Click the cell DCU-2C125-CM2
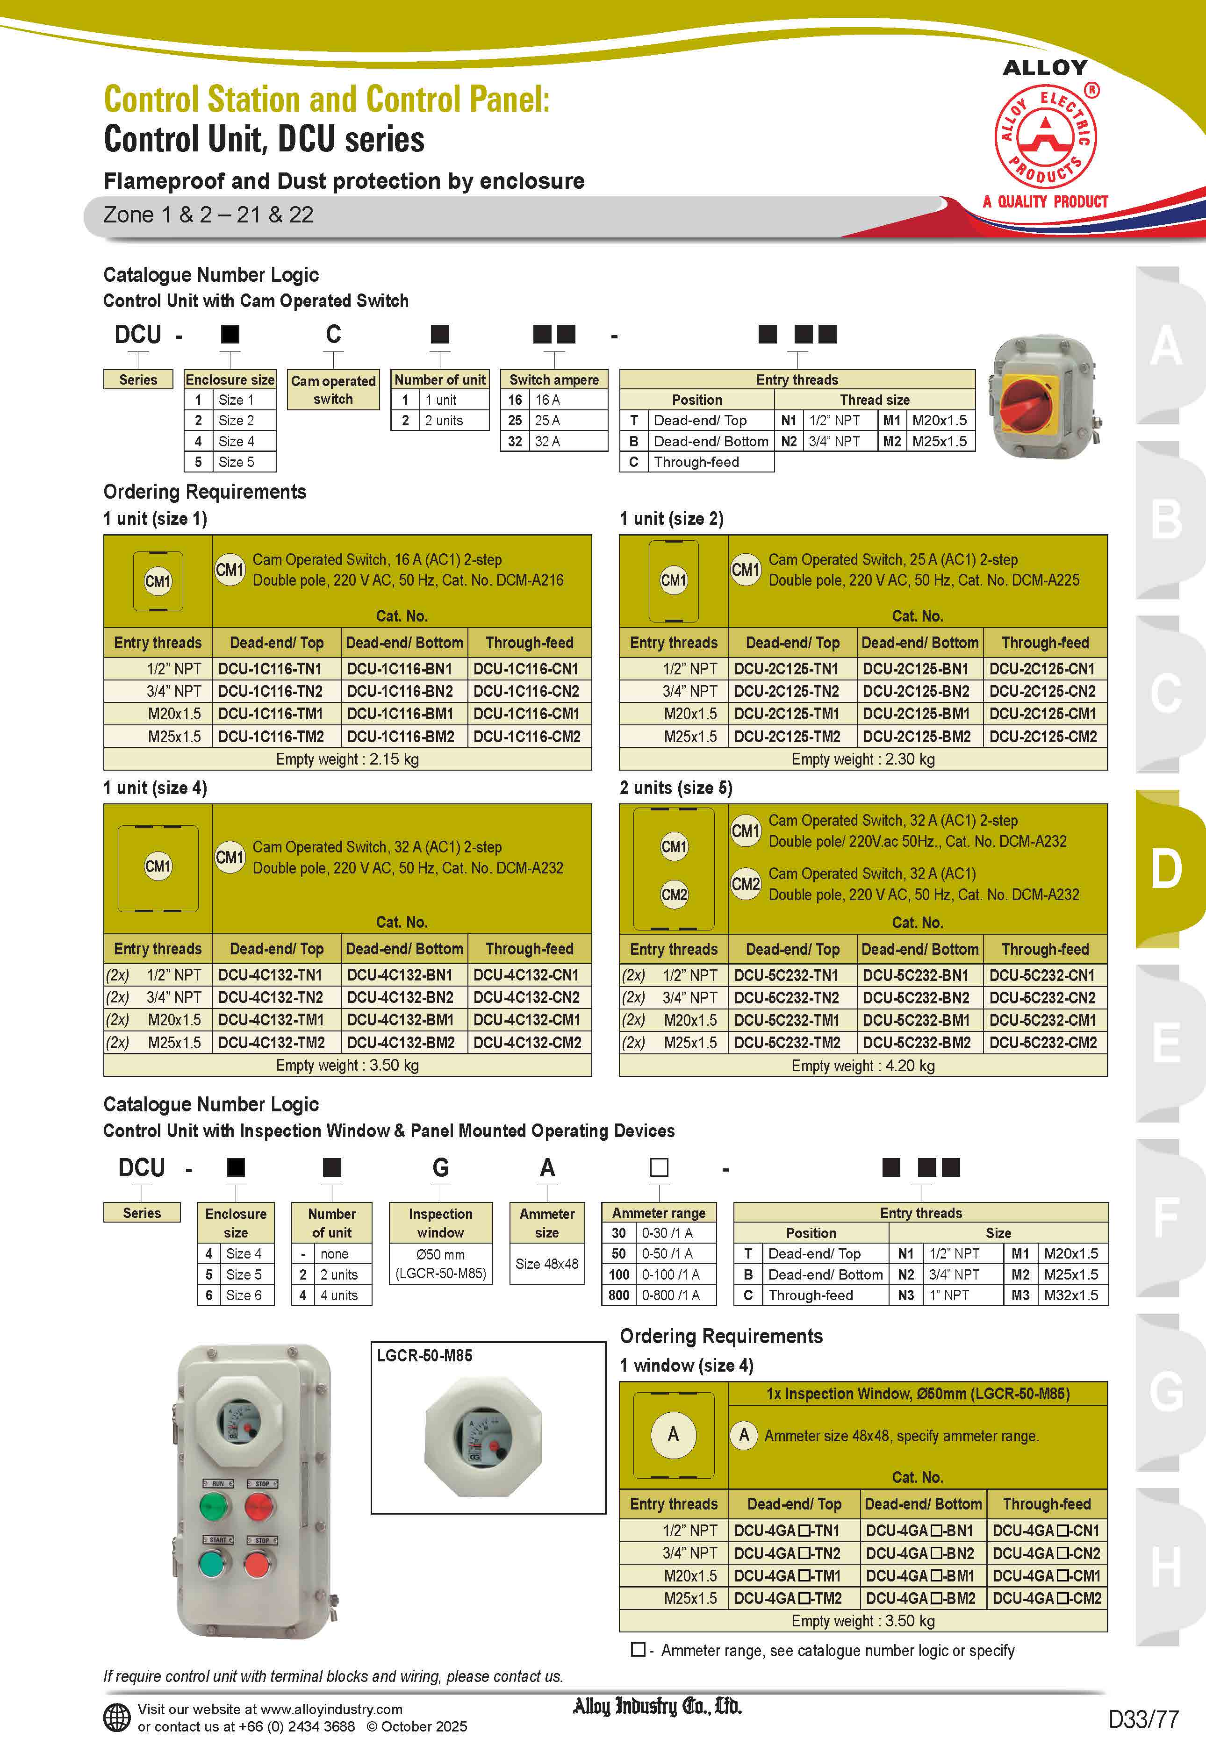pyautogui.click(x=1043, y=736)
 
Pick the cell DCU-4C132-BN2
pyautogui.click(x=400, y=997)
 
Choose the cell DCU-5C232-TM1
pyautogui.click(x=787, y=1020)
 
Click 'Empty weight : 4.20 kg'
pyautogui.click(x=863, y=1066)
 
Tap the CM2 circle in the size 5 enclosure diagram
pyautogui.click(x=674, y=894)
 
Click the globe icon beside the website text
pyautogui.click(x=117, y=1717)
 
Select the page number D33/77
pyautogui.click(x=1143, y=1719)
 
